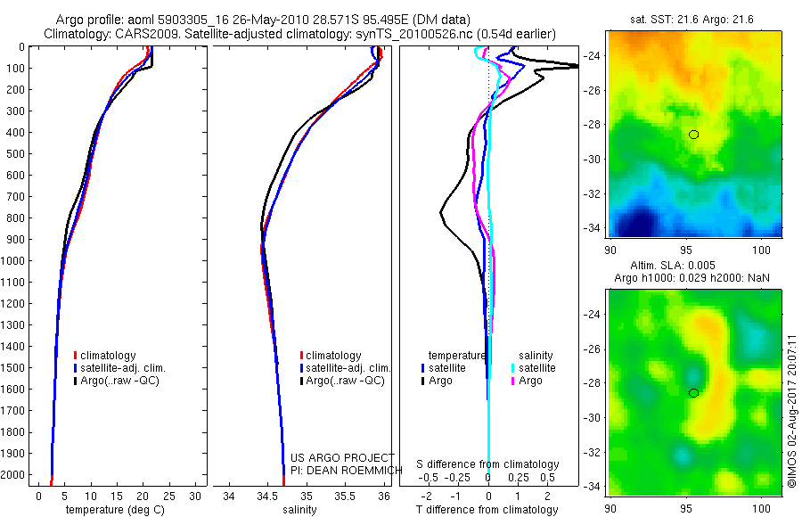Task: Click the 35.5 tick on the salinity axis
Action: (345, 496)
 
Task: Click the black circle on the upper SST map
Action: (694, 135)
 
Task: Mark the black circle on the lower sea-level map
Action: (693, 393)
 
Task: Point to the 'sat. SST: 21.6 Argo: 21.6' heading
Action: (696, 19)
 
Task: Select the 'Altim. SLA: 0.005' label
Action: (695, 266)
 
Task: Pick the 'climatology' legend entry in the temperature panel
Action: (108, 356)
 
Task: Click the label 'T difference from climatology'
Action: (488, 510)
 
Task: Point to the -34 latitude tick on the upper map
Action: (593, 227)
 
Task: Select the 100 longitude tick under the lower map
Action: (763, 509)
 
